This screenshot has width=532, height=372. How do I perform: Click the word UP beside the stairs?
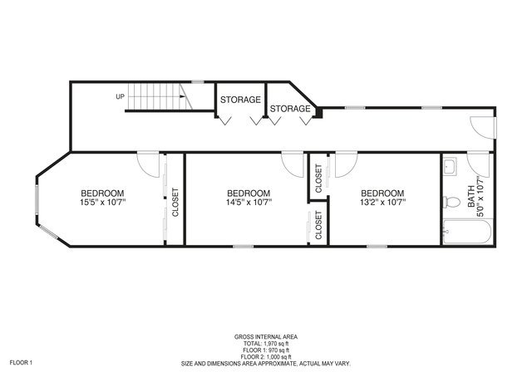click(x=121, y=97)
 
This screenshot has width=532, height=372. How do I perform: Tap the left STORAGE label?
click(x=240, y=100)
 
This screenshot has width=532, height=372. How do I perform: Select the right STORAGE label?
click(x=290, y=108)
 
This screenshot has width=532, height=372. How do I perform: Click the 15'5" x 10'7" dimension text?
click(x=102, y=202)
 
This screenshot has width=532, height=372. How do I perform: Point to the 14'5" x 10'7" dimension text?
click(x=249, y=202)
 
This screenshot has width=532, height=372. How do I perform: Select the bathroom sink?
click(x=451, y=167)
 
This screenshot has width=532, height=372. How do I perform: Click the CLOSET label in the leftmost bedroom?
click(x=175, y=202)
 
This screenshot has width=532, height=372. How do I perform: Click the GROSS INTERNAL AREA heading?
click(x=265, y=337)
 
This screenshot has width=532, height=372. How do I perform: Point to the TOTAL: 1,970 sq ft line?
click(x=265, y=344)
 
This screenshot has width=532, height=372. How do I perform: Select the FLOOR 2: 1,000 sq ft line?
click(x=265, y=357)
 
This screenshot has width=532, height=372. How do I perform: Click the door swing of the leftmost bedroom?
click(x=149, y=164)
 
